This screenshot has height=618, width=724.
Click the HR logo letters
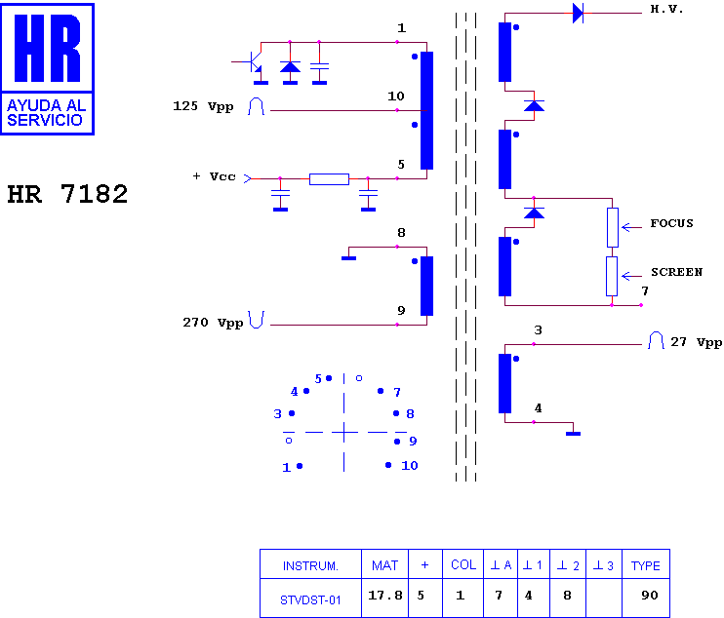[47, 48]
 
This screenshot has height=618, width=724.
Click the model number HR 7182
[67, 194]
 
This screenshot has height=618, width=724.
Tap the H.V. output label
[666, 9]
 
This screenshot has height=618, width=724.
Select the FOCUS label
[672, 223]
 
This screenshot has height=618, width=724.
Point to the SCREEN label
[676, 272]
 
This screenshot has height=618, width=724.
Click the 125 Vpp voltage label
[203, 106]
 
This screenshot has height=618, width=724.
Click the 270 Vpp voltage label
[213, 323]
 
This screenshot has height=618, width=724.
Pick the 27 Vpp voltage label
[697, 342]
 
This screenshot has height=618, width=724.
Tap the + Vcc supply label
[215, 176]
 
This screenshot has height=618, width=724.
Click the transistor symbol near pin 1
[253, 62]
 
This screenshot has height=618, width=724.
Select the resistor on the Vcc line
[329, 179]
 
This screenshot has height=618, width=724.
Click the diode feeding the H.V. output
[578, 13]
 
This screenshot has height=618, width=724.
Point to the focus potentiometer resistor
[613, 227]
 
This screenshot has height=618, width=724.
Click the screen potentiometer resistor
[612, 276]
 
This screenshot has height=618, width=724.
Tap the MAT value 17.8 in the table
[385, 596]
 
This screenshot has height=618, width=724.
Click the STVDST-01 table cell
[310, 600]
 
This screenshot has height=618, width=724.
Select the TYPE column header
[646, 566]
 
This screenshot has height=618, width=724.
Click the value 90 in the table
[650, 596]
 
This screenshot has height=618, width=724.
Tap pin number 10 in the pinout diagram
[410, 465]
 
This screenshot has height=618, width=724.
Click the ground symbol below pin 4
[573, 434]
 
